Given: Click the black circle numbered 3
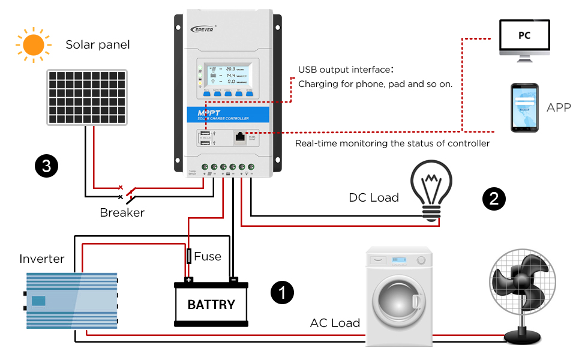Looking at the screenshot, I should (46, 166).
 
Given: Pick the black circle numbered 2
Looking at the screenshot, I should (494, 199).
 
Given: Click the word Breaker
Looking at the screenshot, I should (122, 212).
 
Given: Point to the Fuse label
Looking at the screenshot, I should (208, 256).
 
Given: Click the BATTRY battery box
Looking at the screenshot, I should (211, 304).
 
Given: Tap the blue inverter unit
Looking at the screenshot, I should (71, 300).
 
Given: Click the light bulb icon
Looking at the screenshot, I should (431, 189).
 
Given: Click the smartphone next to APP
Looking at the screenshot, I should (524, 108).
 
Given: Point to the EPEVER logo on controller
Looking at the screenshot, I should (208, 28).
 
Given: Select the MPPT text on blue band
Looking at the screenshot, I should (211, 112).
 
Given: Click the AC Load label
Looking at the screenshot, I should (335, 323).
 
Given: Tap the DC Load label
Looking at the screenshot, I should (374, 197).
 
